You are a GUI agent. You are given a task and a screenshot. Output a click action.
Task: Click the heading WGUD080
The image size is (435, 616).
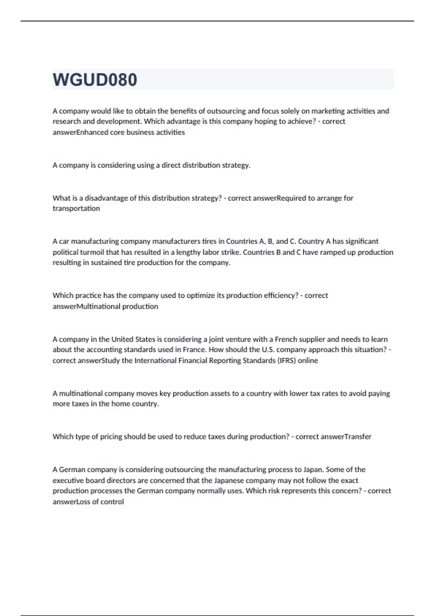(95, 80)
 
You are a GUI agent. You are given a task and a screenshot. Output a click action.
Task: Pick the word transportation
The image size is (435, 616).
(76, 208)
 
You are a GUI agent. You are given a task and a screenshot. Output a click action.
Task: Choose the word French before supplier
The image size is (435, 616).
(286, 339)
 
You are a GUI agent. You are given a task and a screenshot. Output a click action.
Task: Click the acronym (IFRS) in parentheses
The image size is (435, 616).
(287, 361)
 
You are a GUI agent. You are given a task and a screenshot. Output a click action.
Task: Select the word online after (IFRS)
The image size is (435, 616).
(308, 361)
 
